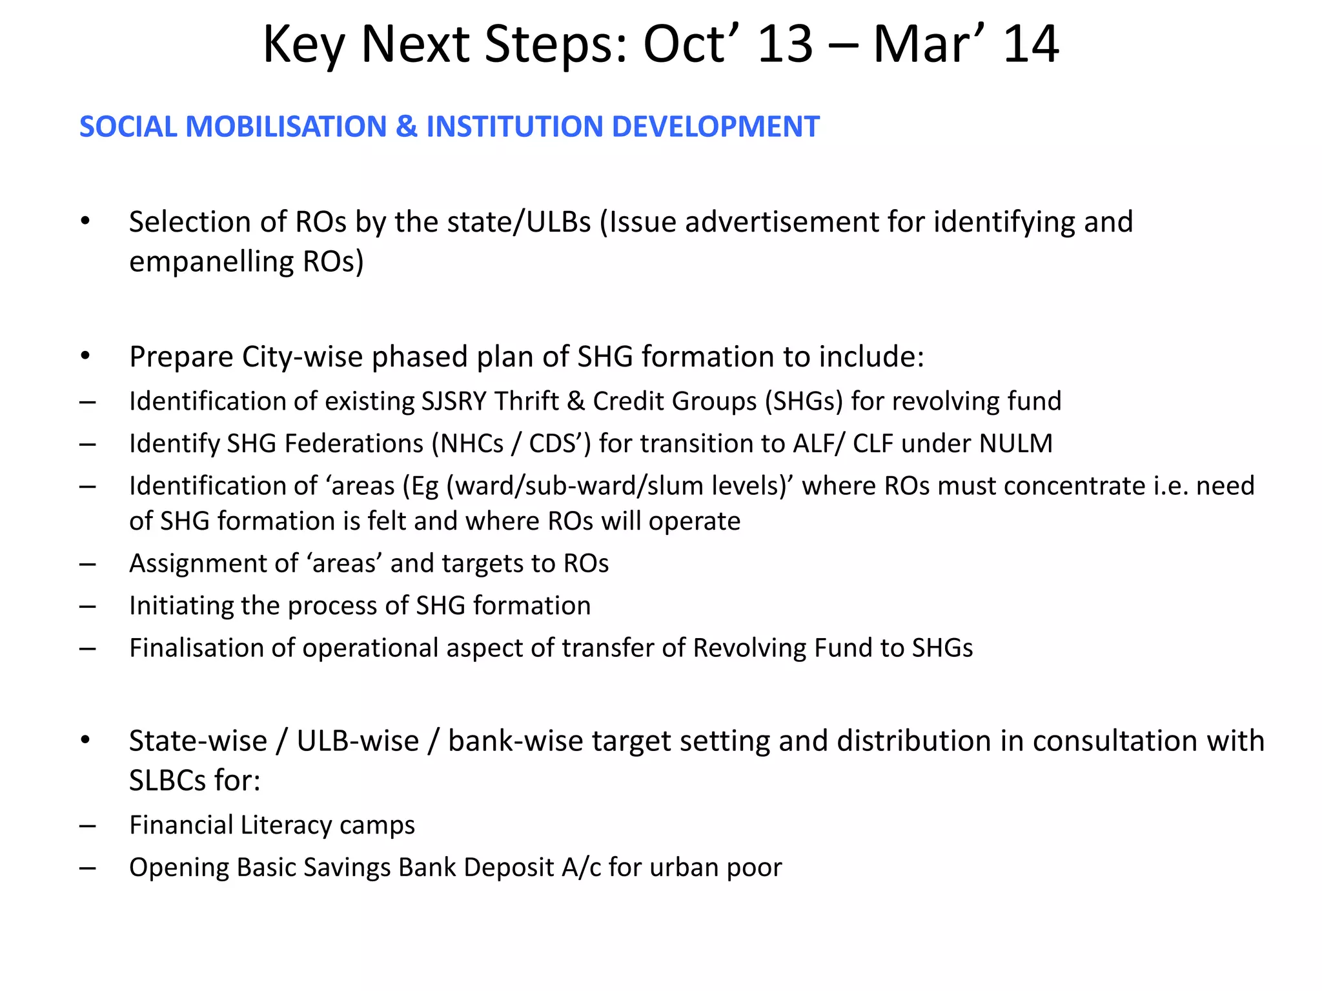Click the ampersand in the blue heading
tap(407, 126)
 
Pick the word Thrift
tap(527, 401)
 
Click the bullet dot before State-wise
tap(85, 740)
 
